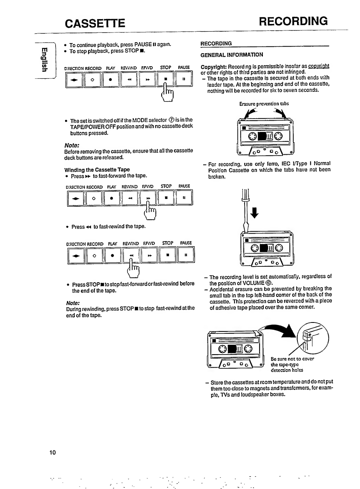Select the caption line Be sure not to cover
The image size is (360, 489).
coord(292,359)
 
